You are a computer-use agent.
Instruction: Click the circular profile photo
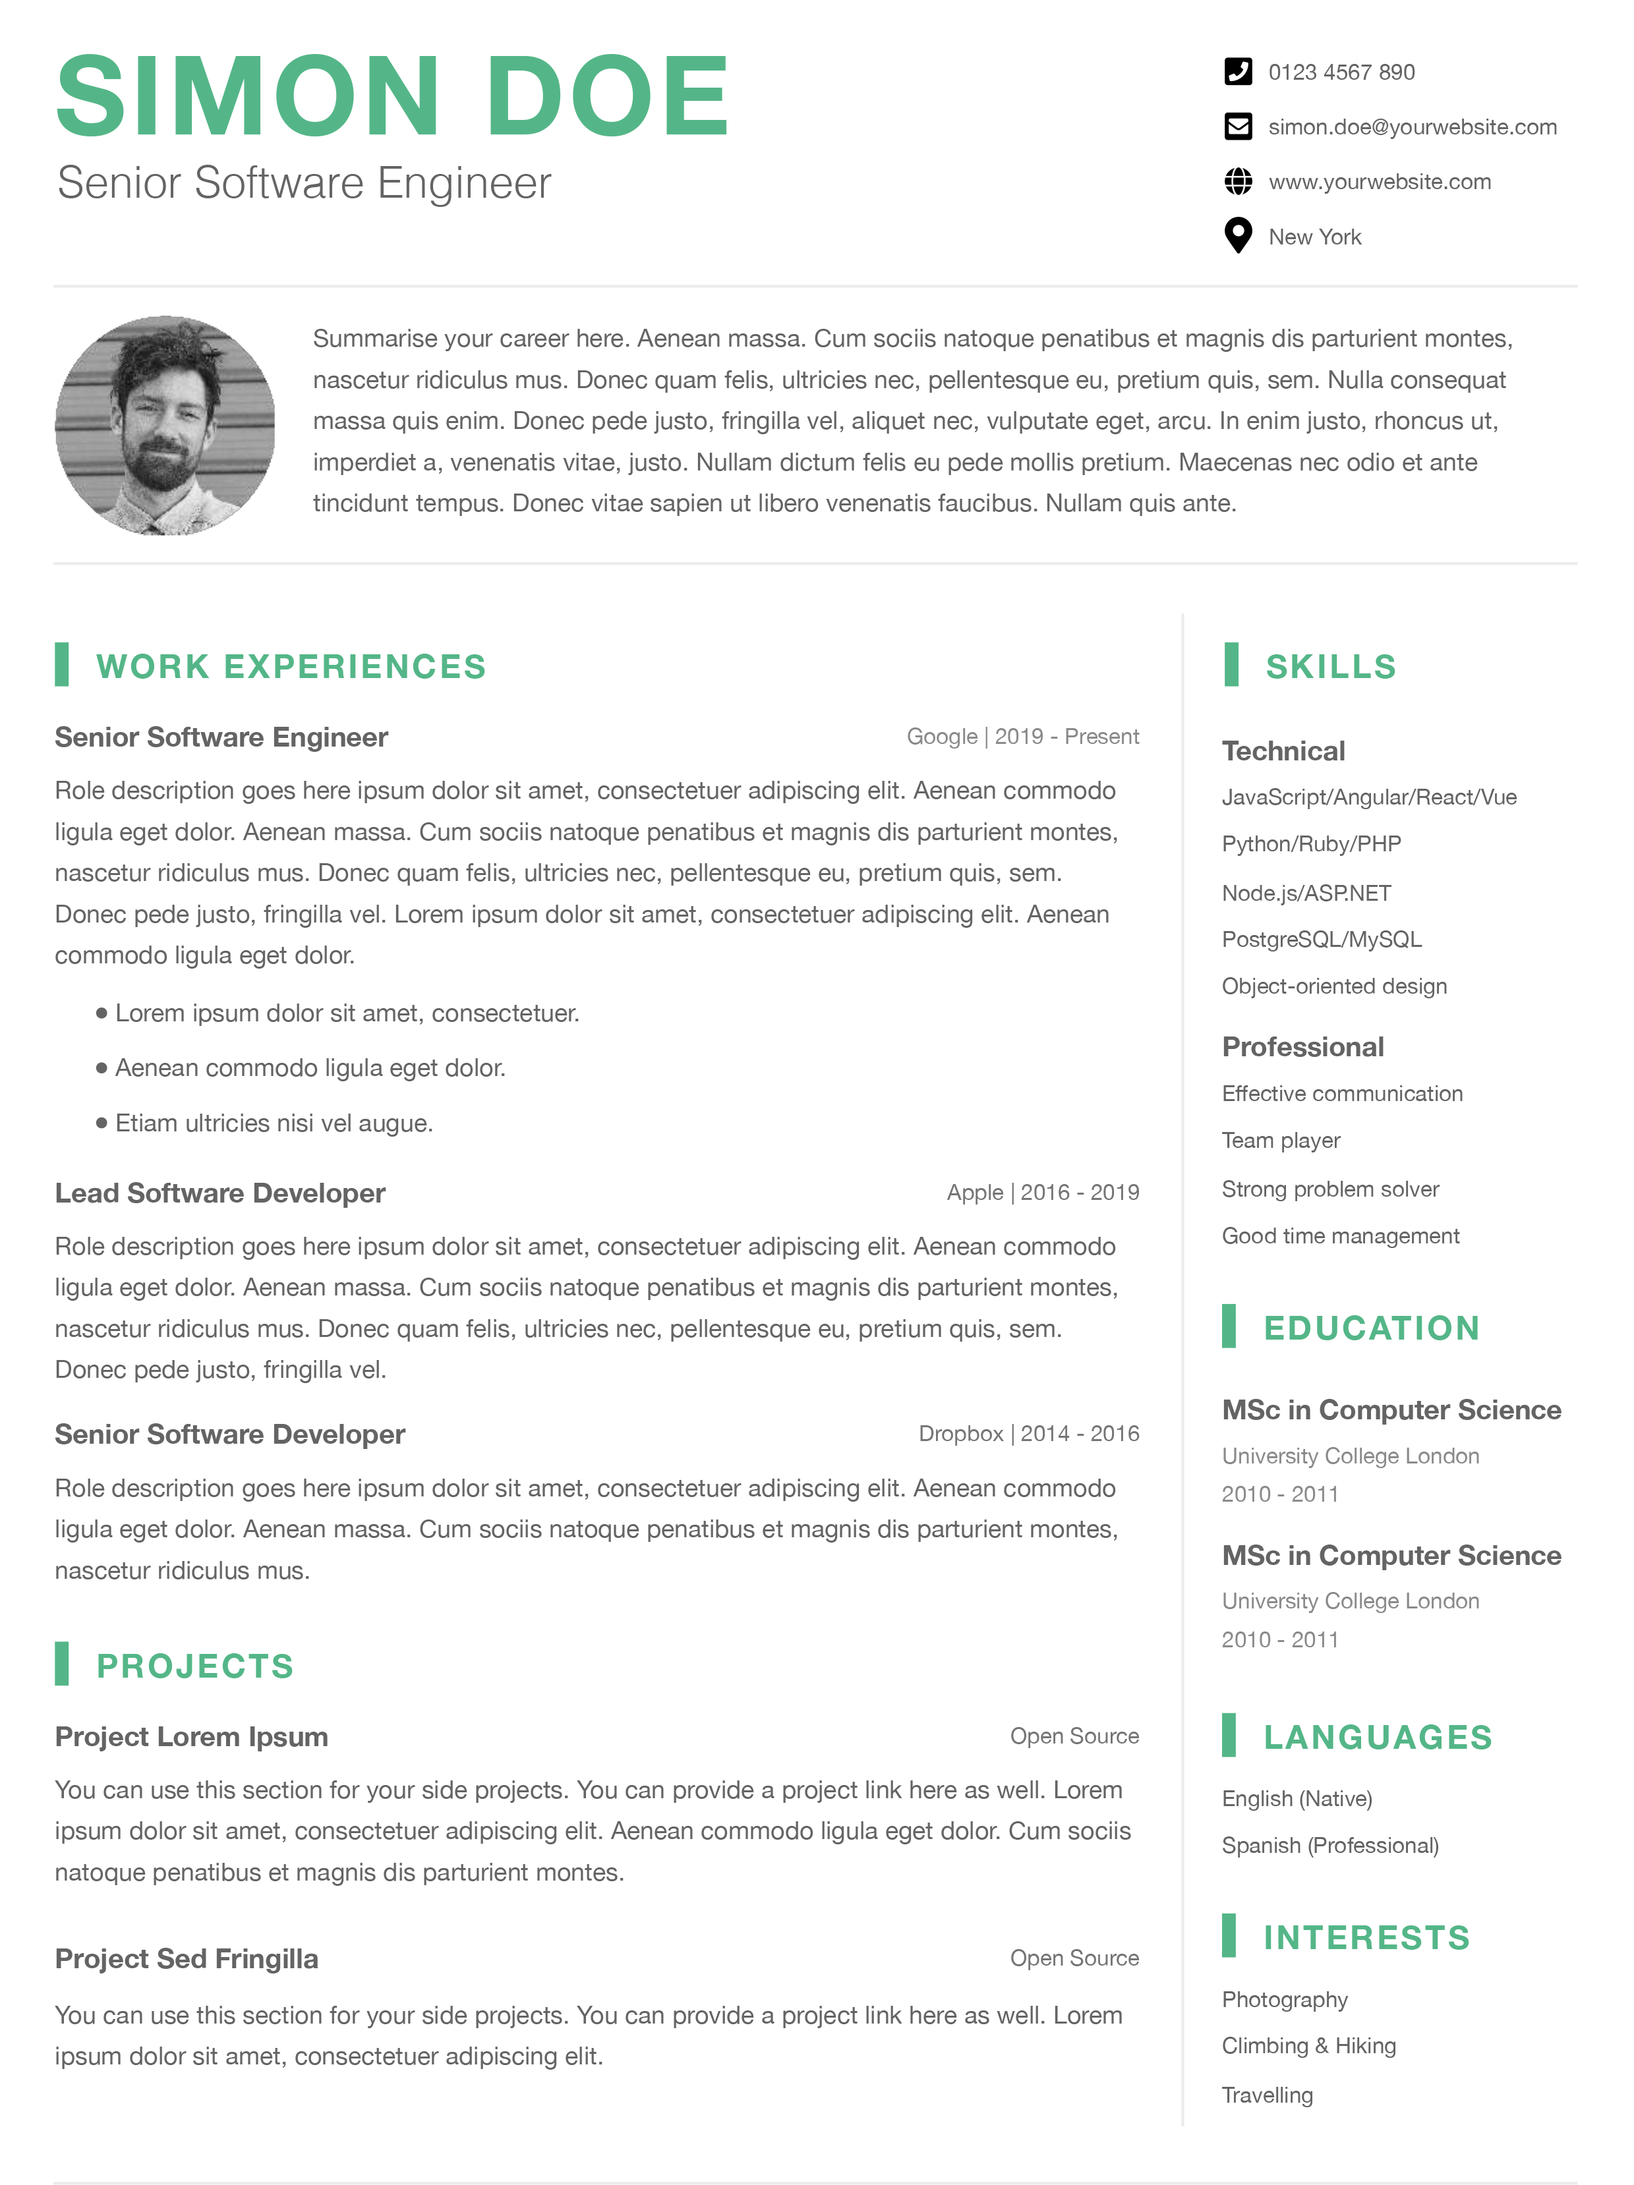[x=165, y=426]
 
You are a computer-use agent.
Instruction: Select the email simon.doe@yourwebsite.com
[x=1412, y=127]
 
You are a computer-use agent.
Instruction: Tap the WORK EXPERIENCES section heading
[x=291, y=667]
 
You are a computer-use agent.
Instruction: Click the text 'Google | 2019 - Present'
[x=1022, y=737]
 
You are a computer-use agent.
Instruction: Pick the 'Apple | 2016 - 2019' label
[x=1042, y=1192]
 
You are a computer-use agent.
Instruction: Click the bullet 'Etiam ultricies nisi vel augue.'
[x=274, y=1123]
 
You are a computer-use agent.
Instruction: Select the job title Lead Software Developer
[x=220, y=1193]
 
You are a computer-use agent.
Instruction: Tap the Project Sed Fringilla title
[x=187, y=1959]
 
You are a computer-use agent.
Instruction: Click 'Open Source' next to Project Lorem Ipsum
[x=1074, y=1736]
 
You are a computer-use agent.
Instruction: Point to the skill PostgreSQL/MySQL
[x=1321, y=940]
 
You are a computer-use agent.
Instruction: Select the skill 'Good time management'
[x=1339, y=1235]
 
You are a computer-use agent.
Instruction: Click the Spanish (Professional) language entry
[x=1329, y=1845]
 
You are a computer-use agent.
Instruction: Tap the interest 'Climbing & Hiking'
[x=1308, y=2046]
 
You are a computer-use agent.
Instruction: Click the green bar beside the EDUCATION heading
[x=1228, y=1326]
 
